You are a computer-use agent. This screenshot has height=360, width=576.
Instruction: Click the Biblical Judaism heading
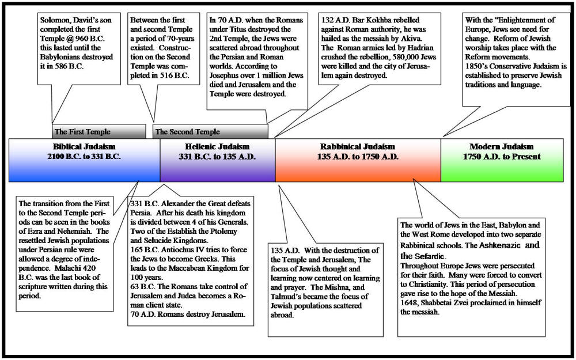point(84,146)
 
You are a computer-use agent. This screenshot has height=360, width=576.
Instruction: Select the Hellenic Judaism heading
point(217,146)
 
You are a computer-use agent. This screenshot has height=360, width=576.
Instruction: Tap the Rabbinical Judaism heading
point(358,146)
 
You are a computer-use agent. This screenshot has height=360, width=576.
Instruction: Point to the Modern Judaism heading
point(502,146)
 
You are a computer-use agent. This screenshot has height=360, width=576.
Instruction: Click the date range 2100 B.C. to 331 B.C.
point(84,157)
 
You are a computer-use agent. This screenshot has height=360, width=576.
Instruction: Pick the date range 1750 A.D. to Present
point(502,157)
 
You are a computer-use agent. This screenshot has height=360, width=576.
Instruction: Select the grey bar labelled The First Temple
point(99,131)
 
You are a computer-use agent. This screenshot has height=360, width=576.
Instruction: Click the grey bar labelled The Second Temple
point(210,131)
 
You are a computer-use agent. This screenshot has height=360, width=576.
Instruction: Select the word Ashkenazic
point(500,245)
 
